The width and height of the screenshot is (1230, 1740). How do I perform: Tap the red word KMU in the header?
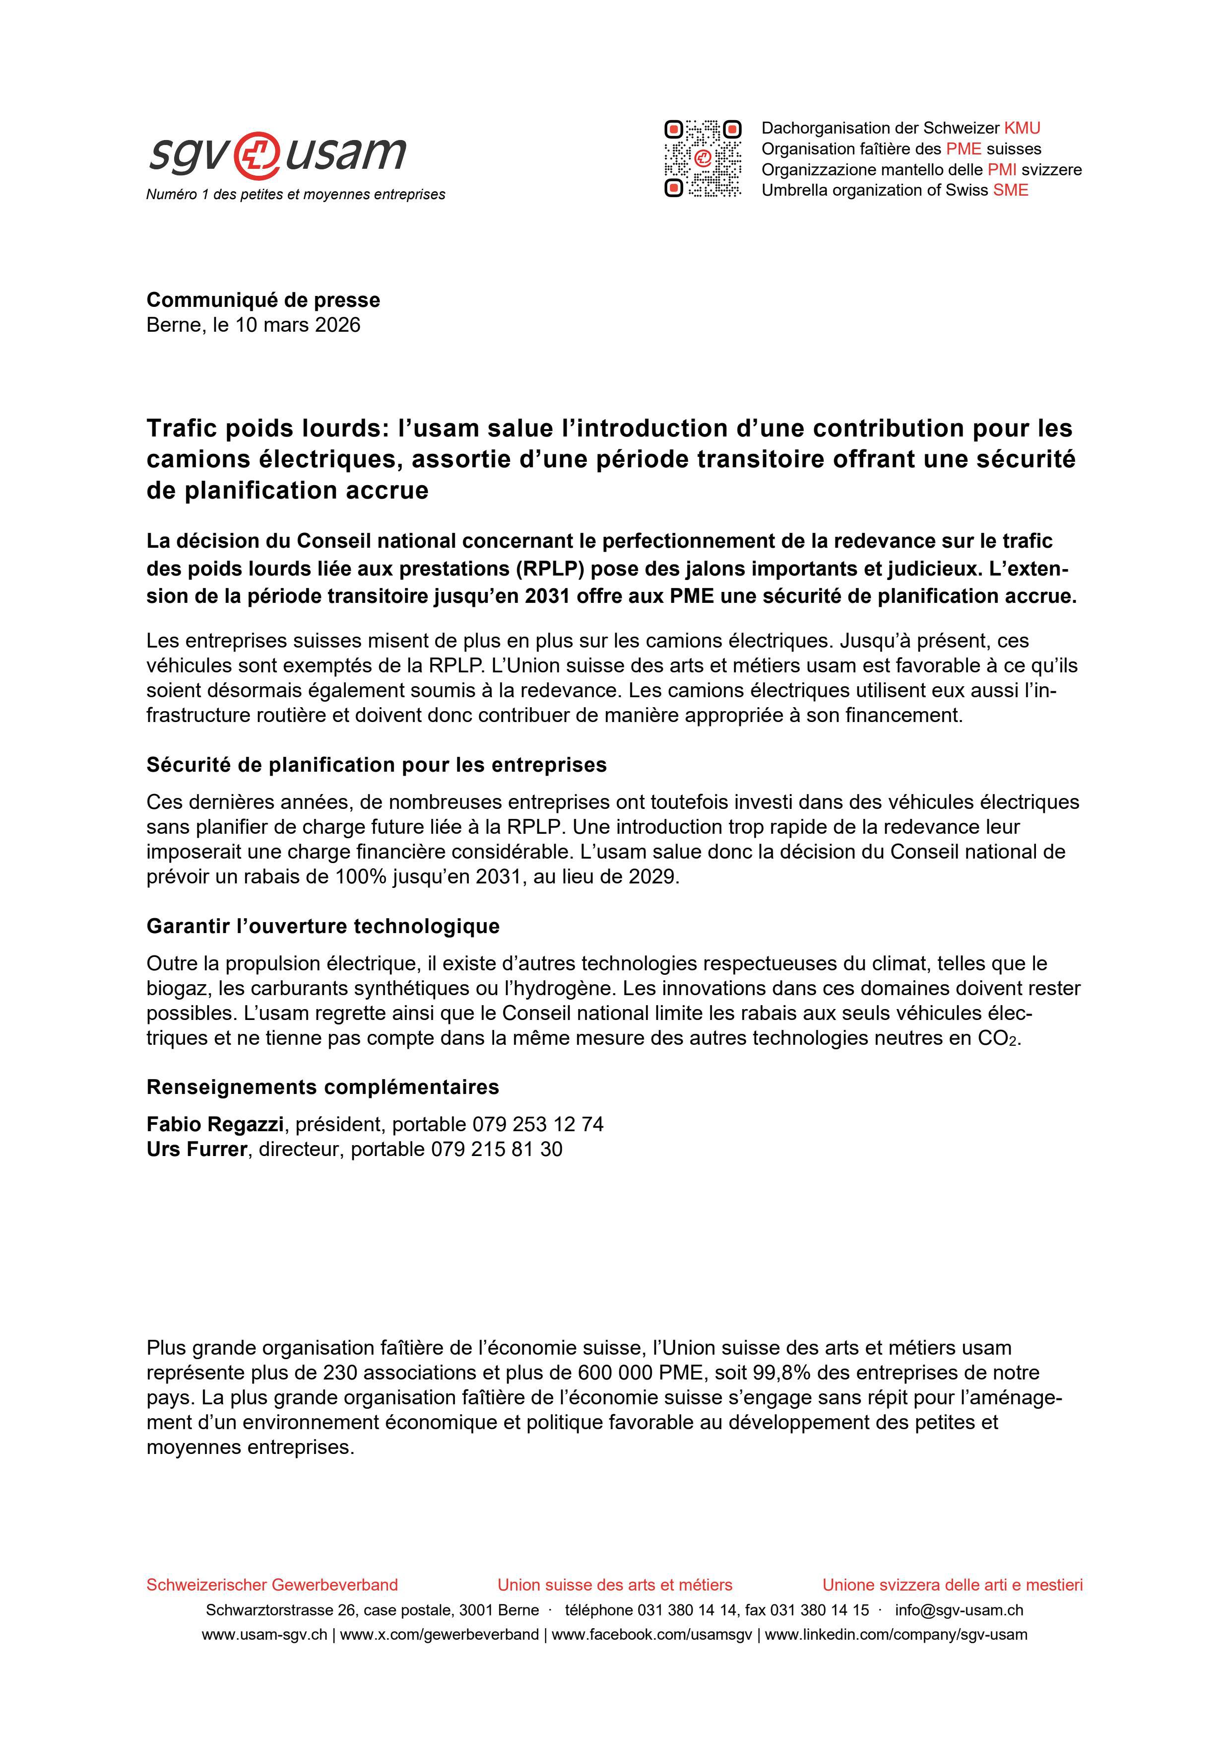[1023, 128]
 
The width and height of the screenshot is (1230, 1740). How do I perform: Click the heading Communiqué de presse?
[263, 300]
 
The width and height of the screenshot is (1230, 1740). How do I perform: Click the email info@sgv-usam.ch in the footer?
[959, 1610]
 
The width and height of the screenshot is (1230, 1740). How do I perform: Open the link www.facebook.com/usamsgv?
[651, 1635]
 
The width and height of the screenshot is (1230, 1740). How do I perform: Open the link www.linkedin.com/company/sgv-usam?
[896, 1635]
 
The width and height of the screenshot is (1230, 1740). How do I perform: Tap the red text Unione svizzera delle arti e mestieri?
[952, 1585]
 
